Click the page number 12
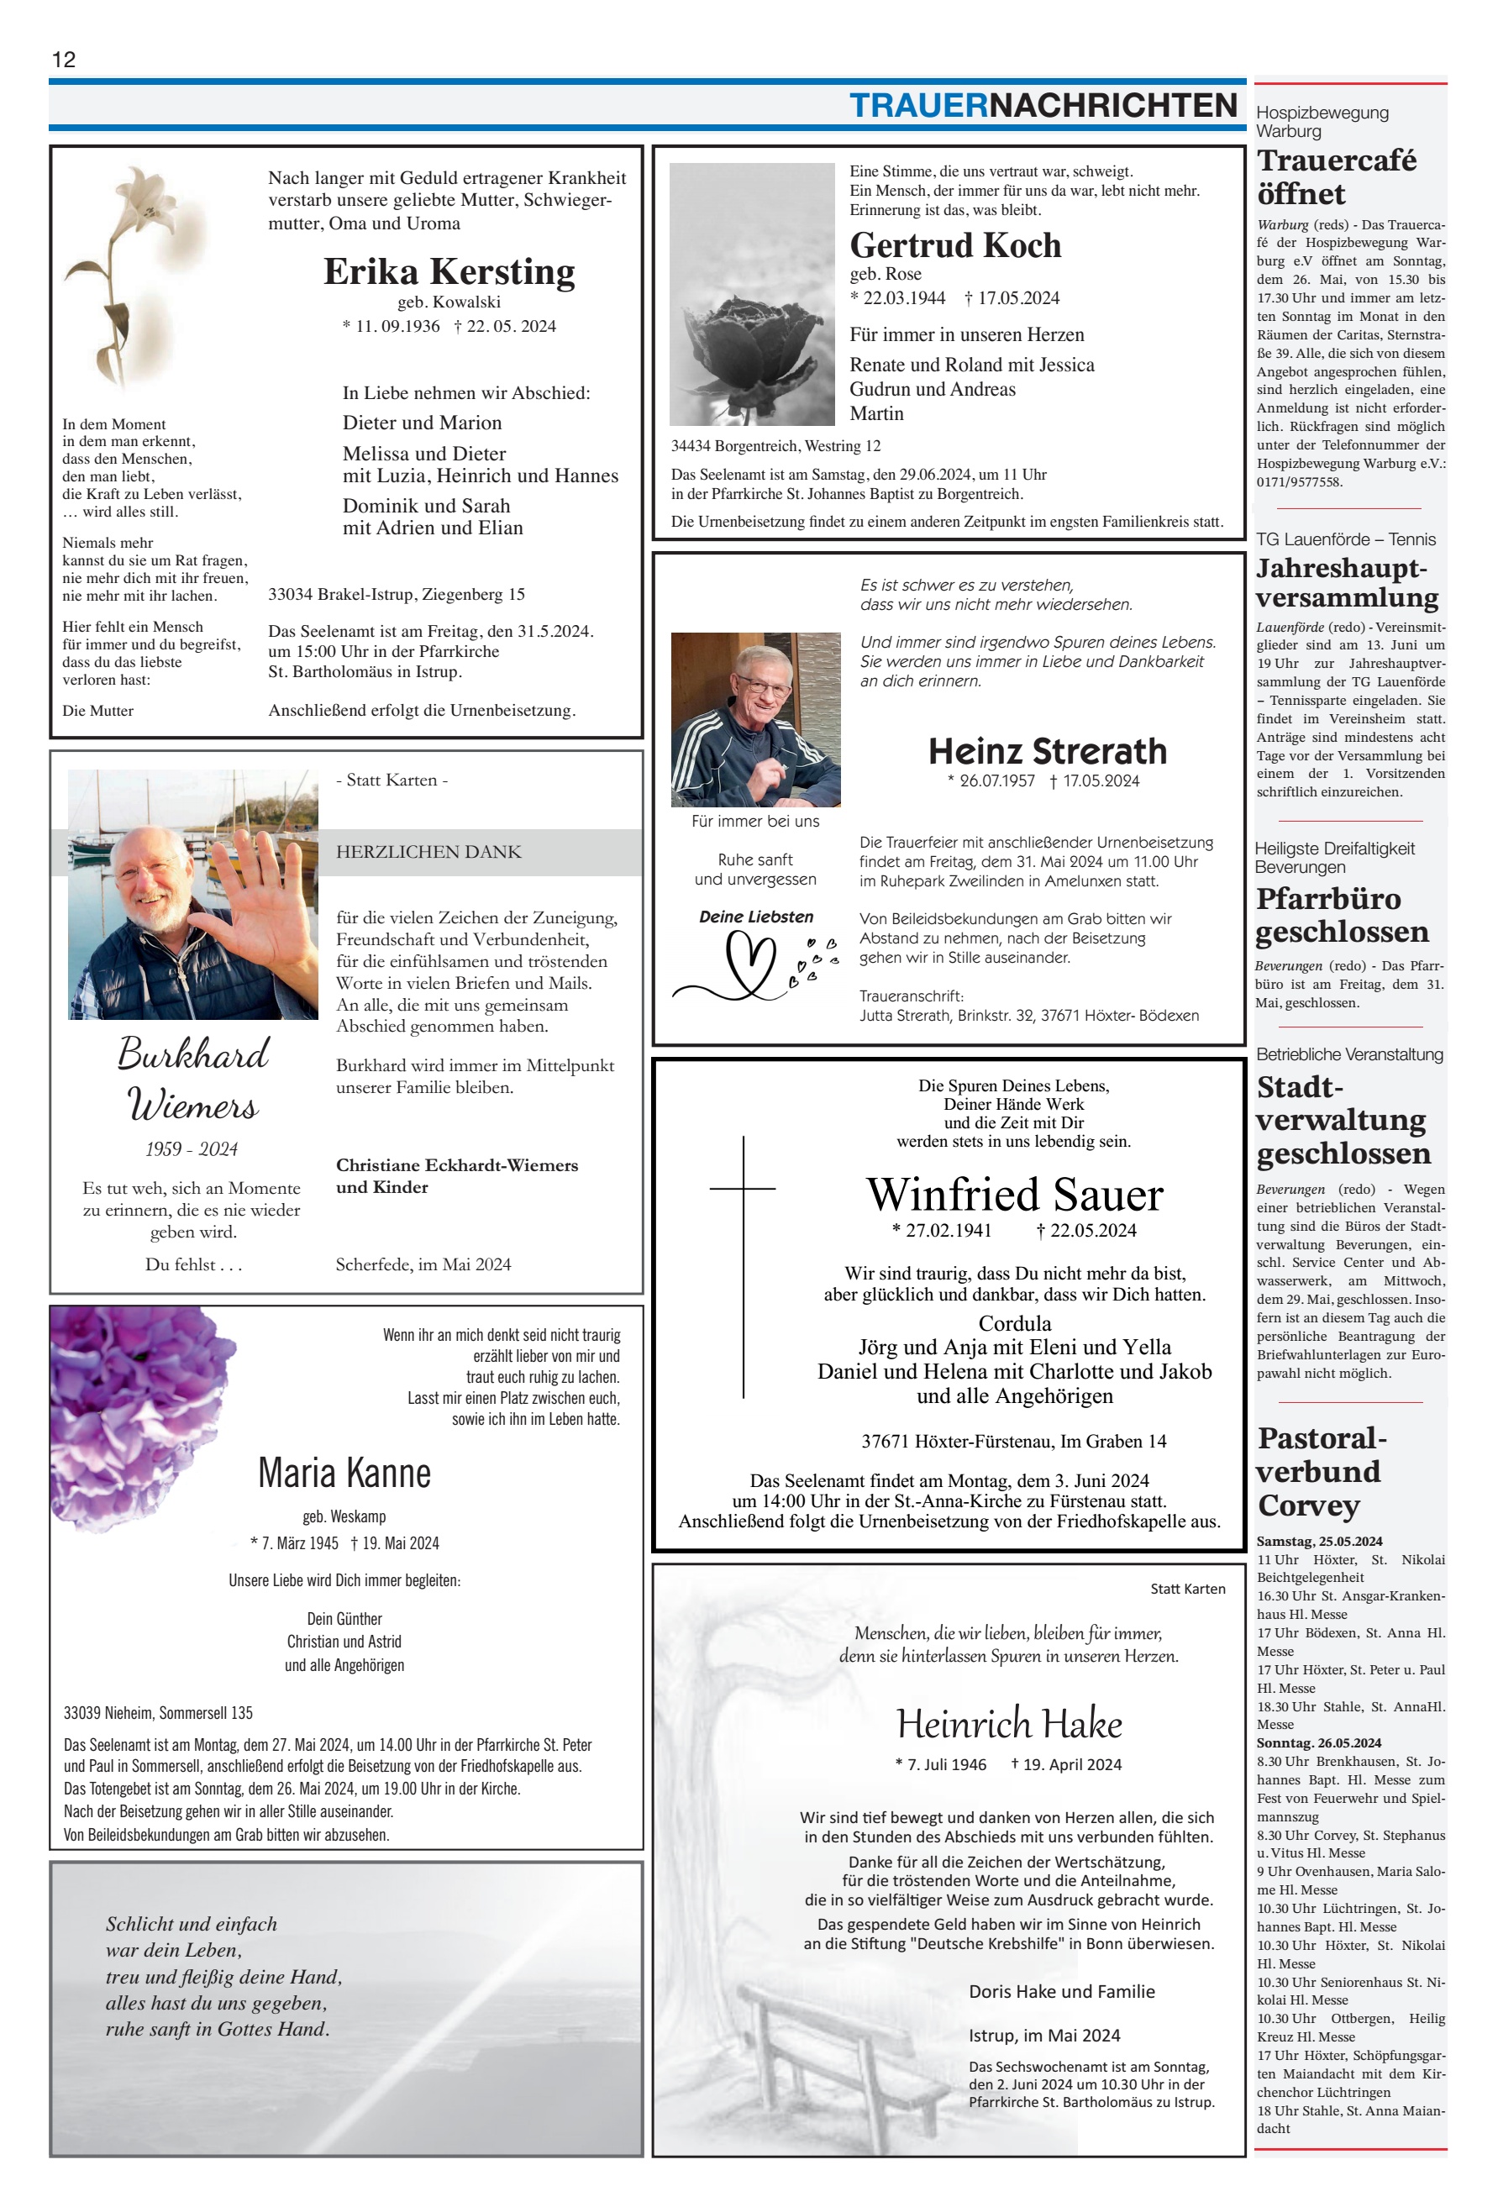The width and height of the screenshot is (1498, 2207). point(64,59)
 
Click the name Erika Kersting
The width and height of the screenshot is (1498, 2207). point(449,271)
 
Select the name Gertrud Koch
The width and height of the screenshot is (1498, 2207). point(954,246)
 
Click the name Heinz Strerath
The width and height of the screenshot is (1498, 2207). point(1047,751)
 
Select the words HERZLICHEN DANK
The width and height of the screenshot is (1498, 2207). point(428,852)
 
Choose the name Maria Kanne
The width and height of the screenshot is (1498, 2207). point(344,1473)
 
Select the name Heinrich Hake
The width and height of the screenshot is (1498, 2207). point(1009,1724)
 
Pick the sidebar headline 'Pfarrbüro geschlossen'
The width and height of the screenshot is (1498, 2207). point(1341,915)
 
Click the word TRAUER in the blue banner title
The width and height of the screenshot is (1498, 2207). point(917,105)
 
